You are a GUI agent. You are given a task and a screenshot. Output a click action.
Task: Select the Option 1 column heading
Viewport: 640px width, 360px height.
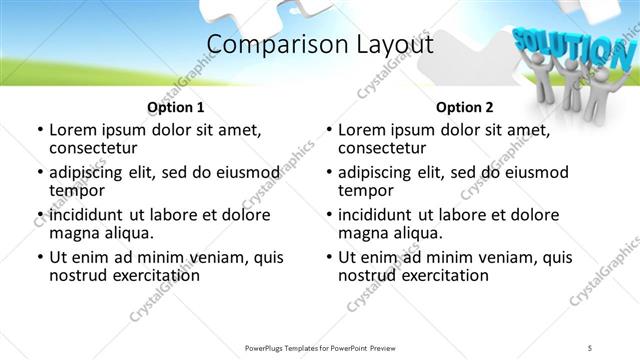pyautogui.click(x=176, y=106)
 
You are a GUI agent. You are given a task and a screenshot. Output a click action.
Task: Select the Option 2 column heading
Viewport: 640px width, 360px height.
pyautogui.click(x=465, y=106)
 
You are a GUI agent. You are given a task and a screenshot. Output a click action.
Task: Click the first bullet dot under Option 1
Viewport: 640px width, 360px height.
pyautogui.click(x=40, y=131)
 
